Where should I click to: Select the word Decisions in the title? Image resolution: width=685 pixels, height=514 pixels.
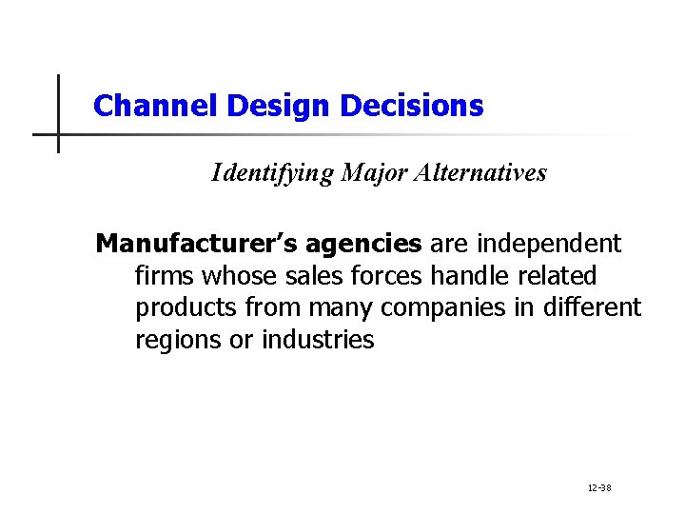pyautogui.click(x=411, y=106)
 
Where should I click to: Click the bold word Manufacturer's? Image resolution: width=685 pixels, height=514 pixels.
pyautogui.click(x=196, y=245)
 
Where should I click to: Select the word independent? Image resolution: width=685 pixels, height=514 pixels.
pyautogui.click(x=542, y=245)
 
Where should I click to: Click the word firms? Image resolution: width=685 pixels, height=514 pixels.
pyautogui.click(x=165, y=276)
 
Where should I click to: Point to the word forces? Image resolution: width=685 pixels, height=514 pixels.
pyautogui.click(x=388, y=276)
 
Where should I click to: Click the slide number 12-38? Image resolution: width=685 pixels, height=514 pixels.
pyautogui.click(x=599, y=488)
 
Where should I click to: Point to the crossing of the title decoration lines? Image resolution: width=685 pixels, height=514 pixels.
pyautogui.click(x=58, y=134)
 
